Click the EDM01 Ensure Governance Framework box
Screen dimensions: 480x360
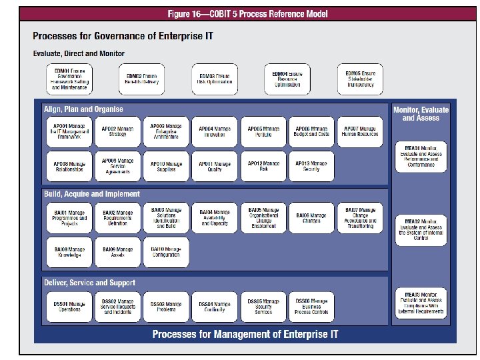(69, 79)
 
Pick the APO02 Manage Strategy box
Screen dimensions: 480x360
(117, 131)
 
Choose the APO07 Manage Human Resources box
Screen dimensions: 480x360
(359, 131)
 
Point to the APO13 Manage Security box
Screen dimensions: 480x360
(311, 166)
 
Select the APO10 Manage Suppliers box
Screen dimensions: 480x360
(165, 166)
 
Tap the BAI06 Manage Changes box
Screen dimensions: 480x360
(311, 218)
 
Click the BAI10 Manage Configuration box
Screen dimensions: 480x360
(165, 253)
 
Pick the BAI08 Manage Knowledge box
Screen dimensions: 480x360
(69, 253)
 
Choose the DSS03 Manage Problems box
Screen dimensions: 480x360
(165, 307)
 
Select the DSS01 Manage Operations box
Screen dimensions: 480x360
(69, 307)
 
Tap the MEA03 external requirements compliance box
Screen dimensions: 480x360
(421, 303)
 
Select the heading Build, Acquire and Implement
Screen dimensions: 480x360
(92, 194)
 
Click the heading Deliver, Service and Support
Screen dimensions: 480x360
(89, 283)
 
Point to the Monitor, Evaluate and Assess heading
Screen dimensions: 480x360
(421, 113)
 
